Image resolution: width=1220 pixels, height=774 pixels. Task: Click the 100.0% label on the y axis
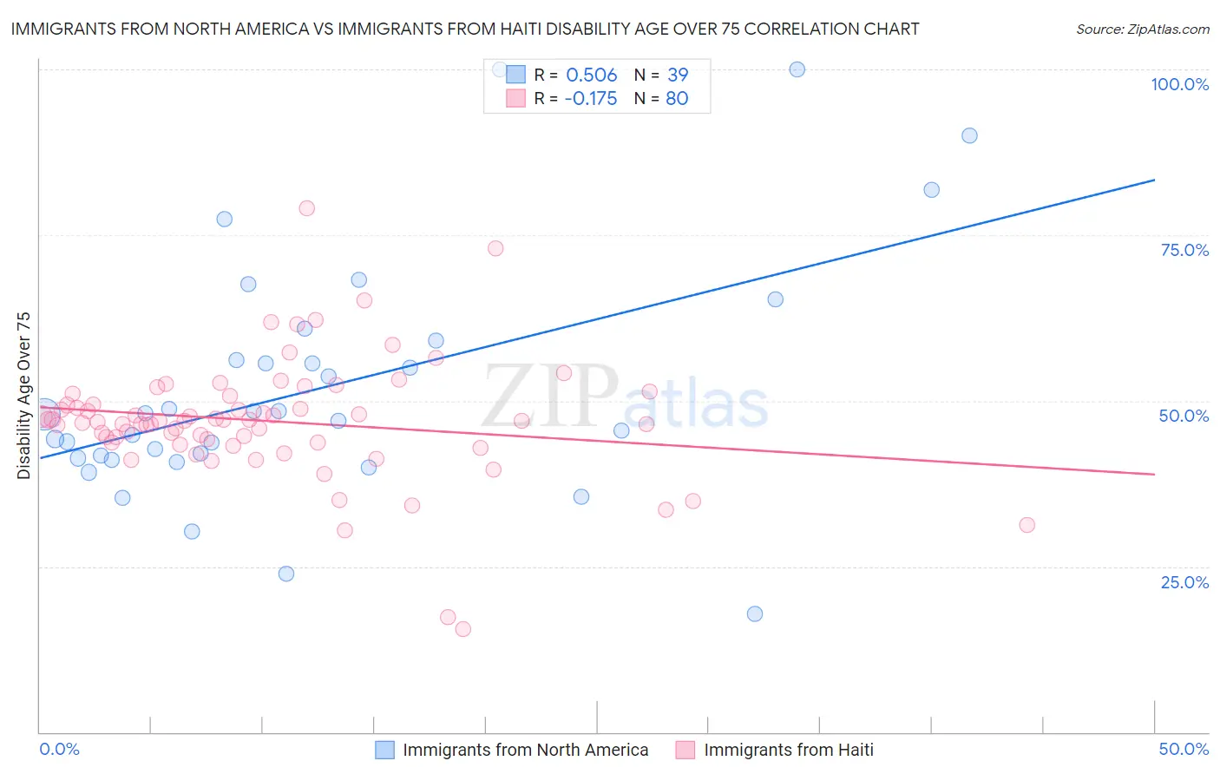point(1179,84)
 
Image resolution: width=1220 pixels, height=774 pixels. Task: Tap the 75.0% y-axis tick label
point(1184,250)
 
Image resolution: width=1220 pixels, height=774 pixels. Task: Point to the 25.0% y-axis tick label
point(1184,581)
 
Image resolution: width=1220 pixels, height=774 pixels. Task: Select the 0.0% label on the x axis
point(59,749)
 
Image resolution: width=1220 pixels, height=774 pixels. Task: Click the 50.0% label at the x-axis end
point(1184,749)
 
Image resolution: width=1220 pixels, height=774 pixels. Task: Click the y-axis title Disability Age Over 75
point(23,396)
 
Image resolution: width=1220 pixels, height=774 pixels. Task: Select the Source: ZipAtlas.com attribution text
point(1142,30)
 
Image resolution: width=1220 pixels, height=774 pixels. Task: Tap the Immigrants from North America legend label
point(525,750)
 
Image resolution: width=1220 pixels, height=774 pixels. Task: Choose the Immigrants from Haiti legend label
point(788,750)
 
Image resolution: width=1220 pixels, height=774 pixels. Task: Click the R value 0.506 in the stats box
point(591,75)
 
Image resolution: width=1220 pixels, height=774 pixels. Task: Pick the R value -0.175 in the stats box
point(590,99)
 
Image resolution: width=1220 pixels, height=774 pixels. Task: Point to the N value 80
point(677,99)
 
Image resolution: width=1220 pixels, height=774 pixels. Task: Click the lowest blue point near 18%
point(755,613)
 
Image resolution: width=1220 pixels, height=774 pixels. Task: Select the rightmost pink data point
point(1027,525)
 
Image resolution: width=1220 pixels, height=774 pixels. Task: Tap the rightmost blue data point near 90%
point(969,135)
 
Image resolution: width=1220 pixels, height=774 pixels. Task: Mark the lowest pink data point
point(463,629)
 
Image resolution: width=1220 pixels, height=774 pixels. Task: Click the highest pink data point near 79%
point(306,208)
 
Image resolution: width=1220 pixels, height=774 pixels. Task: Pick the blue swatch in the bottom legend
point(385,750)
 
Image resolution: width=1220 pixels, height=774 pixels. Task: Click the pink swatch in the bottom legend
point(685,750)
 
